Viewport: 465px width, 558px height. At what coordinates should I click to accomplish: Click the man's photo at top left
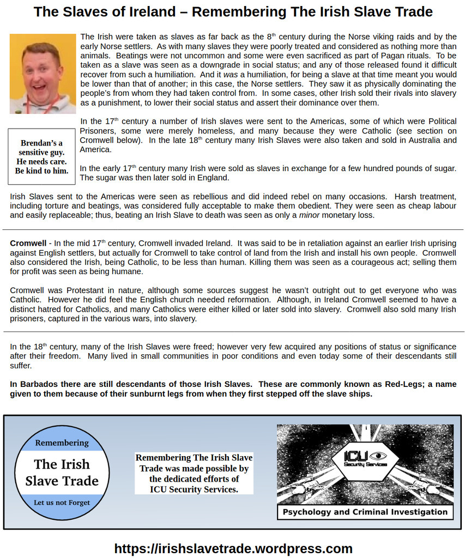(43, 74)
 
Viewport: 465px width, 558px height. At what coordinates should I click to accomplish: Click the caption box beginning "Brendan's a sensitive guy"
(41, 157)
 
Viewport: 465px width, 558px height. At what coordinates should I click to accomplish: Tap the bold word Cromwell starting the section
(28, 243)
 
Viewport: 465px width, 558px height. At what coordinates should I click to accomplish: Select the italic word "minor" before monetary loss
(309, 215)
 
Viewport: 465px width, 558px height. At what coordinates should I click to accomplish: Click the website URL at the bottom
(233, 548)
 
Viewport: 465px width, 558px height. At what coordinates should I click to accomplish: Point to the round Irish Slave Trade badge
(62, 472)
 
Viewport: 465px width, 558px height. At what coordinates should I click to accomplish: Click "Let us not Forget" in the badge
(62, 502)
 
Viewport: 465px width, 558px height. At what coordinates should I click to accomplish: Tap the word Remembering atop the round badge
(62, 442)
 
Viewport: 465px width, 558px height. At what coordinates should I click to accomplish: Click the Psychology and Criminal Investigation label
(365, 512)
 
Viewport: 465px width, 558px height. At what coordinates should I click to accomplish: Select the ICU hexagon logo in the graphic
(365, 460)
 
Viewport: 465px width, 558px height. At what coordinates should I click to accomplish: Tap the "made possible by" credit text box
(194, 473)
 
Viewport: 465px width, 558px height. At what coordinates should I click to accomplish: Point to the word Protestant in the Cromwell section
(87, 290)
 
